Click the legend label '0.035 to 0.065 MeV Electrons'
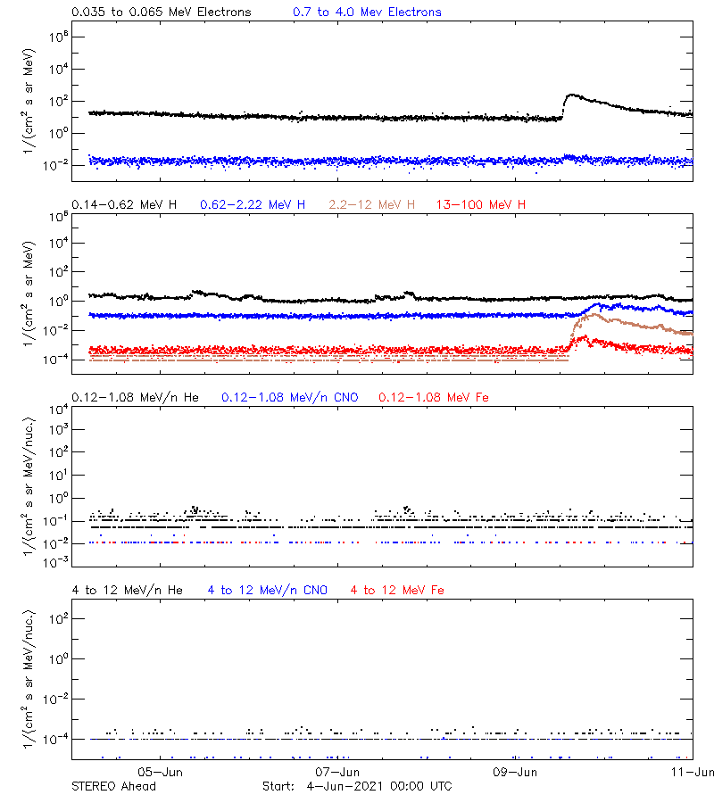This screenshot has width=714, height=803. pos(161,12)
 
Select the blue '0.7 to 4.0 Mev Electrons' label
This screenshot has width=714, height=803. pos(367,12)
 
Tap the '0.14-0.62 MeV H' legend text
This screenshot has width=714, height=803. pos(124,204)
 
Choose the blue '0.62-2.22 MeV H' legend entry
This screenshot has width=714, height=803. pos(253,204)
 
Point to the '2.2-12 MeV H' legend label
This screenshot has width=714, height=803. pos(372,204)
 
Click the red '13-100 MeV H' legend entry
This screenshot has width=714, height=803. pos(481,204)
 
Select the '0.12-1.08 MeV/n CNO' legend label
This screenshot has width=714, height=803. pos(290,397)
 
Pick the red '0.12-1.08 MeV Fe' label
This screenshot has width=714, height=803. pos(434,397)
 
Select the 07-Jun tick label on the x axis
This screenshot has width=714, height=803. pos(338,772)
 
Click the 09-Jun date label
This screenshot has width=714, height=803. pos(515,772)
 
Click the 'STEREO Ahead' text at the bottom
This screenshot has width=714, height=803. pos(113,786)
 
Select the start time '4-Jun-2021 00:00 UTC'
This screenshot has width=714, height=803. pos(378,786)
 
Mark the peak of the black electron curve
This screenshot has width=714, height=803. pos(572,95)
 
